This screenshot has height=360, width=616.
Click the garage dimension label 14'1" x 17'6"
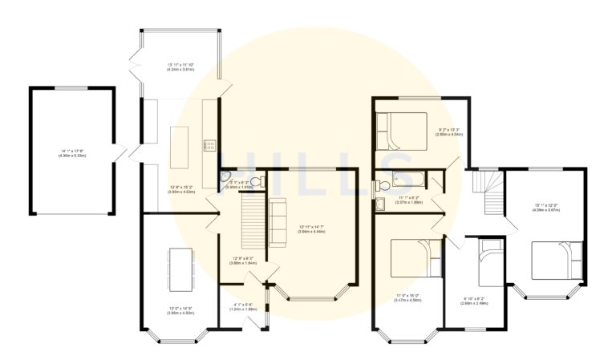(x=71, y=153)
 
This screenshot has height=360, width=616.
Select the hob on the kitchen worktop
(x=209, y=145)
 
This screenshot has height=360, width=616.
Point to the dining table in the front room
(x=180, y=269)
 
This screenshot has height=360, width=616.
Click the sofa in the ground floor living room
(x=277, y=220)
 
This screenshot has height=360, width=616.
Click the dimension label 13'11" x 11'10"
(x=180, y=67)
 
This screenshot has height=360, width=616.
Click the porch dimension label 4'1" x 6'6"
(x=243, y=307)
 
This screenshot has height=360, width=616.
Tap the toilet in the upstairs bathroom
(x=383, y=186)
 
